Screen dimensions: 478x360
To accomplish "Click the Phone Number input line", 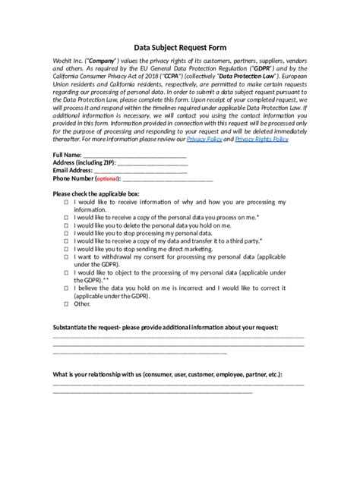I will click(x=167, y=181).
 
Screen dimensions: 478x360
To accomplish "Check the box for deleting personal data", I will click(x=66, y=225).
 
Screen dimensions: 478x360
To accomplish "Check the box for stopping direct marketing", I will click(x=66, y=249).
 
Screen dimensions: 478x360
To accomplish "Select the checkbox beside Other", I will click(x=66, y=303).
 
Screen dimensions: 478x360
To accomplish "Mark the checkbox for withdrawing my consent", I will click(x=66, y=257).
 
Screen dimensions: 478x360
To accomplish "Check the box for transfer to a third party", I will click(x=66, y=241).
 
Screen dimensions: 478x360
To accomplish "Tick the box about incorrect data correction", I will click(x=66, y=288).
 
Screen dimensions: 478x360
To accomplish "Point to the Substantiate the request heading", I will click(x=165, y=327).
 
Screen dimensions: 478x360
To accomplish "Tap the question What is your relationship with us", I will click(x=168, y=375).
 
